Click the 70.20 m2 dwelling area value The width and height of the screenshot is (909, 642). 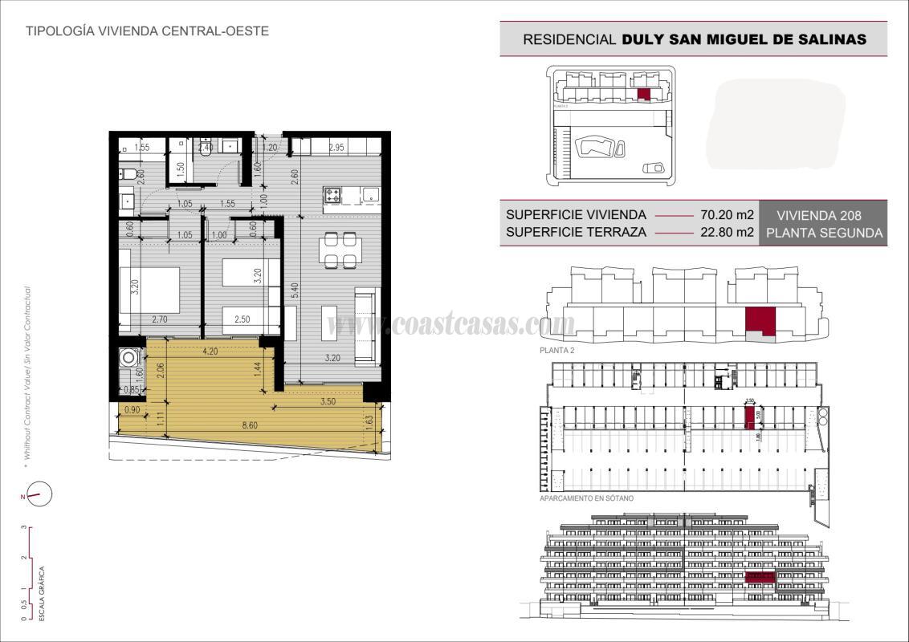point(727,215)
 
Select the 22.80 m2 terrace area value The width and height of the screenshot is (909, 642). point(727,234)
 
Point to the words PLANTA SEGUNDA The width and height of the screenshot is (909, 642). point(824,234)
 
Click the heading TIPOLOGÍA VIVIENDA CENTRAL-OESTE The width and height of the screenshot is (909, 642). point(147,31)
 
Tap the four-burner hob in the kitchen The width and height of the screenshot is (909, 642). point(332,194)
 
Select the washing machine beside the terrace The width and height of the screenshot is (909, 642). point(127,358)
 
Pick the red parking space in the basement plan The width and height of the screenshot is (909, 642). point(749,416)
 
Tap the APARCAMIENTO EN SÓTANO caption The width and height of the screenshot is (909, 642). point(587,498)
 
